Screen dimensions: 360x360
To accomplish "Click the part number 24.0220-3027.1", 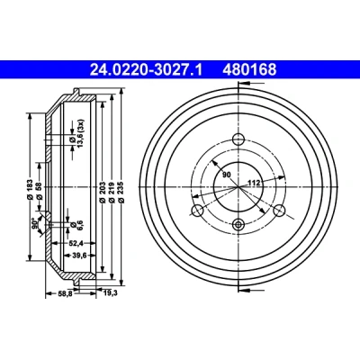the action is click(x=146, y=70).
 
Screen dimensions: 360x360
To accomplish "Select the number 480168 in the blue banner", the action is click(x=249, y=70).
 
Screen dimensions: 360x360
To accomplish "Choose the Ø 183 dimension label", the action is click(x=30, y=190).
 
